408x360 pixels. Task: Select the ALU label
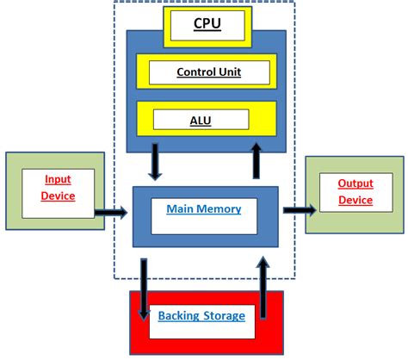pos(200,120)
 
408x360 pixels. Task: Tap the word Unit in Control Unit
pos(228,72)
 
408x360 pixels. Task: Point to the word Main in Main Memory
pos(184,208)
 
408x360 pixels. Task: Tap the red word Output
pos(355,184)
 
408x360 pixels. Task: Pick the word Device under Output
pos(355,200)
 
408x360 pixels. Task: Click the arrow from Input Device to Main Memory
pos(112,210)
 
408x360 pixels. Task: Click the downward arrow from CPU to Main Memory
pos(156,163)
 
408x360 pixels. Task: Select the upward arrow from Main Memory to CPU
pos(256,161)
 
